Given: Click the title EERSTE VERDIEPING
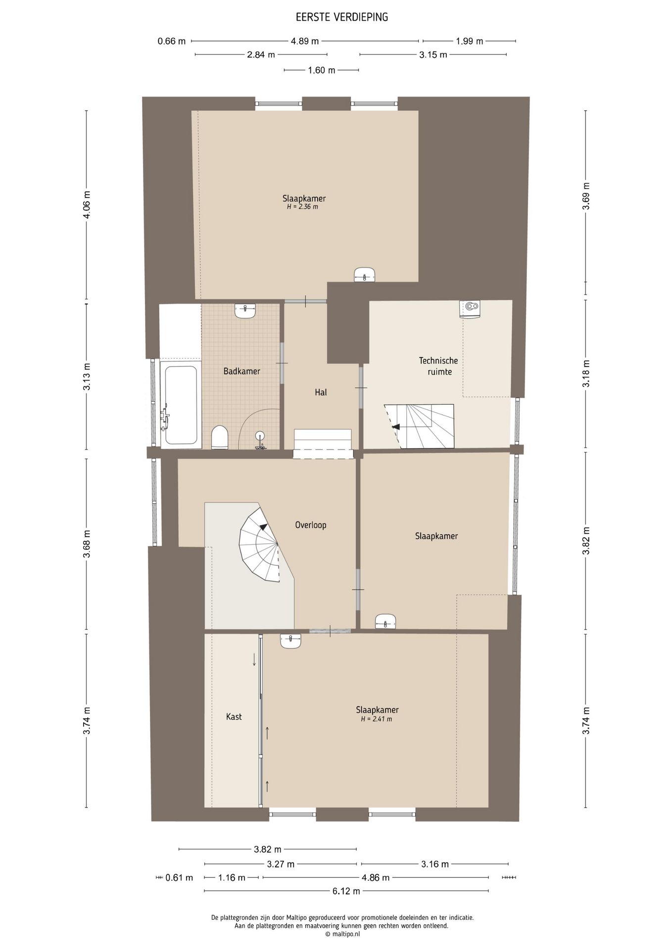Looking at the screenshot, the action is click(x=342, y=17).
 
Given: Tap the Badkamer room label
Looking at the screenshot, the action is click(x=241, y=371).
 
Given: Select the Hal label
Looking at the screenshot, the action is click(x=321, y=392).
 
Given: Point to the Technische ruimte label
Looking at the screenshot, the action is click(x=438, y=366).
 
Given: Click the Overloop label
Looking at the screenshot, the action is click(x=311, y=525).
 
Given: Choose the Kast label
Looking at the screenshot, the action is click(x=234, y=716).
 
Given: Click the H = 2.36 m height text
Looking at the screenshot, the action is click(x=302, y=207).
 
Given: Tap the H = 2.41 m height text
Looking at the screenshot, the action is click(x=376, y=719).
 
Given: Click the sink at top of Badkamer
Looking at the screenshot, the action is click(x=245, y=311).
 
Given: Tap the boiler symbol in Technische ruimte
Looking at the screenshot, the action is click(x=470, y=307).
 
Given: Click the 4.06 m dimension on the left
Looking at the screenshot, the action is click(x=87, y=204).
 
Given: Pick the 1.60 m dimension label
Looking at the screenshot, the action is click(x=322, y=70).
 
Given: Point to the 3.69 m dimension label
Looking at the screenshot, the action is click(x=586, y=196).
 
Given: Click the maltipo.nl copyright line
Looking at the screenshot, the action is click(x=342, y=934).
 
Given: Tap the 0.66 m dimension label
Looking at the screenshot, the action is click(x=172, y=42).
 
